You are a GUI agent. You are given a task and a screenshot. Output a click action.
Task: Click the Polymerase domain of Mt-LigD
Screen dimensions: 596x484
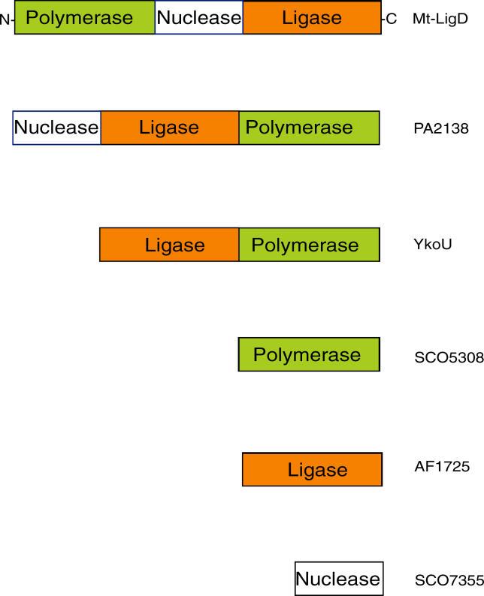pyautogui.click(x=84, y=17)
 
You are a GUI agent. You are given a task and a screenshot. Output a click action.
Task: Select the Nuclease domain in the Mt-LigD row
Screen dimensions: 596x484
pyautogui.click(x=199, y=17)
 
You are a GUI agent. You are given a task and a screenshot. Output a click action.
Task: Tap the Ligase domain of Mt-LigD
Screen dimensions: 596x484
pyautogui.click(x=312, y=17)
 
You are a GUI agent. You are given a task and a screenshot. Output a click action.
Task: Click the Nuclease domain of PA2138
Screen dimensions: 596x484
pyautogui.click(x=57, y=127)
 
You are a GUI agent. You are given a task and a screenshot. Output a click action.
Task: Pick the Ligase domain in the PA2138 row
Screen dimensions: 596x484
pyautogui.click(x=170, y=127)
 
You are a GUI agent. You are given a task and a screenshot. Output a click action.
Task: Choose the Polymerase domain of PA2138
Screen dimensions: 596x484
pyautogui.click(x=310, y=127)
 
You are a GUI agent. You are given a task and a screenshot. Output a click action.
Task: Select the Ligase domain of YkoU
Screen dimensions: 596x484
pyautogui.click(x=170, y=245)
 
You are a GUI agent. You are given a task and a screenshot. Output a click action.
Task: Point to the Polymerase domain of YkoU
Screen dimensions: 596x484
pyautogui.click(x=310, y=245)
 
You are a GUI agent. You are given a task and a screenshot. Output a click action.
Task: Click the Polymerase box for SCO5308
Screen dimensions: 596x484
pyautogui.click(x=309, y=354)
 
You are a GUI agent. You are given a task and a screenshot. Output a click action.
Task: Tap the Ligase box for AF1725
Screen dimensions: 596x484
pyautogui.click(x=312, y=470)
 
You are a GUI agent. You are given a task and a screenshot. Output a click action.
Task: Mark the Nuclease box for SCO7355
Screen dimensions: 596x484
pyautogui.click(x=339, y=579)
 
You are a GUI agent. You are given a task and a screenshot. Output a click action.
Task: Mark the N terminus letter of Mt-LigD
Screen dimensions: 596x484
pyautogui.click(x=5, y=20)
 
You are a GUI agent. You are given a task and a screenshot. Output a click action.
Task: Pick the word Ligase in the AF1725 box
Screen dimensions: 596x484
pyautogui.click(x=318, y=471)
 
